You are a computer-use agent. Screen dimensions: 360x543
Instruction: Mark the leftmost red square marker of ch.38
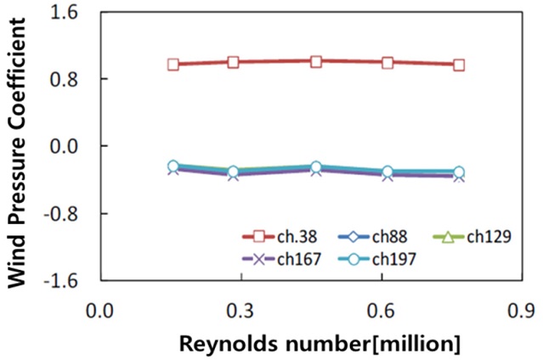173,65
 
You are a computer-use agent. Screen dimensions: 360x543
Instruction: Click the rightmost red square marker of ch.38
459,65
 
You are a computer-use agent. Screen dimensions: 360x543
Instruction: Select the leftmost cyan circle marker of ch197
173,166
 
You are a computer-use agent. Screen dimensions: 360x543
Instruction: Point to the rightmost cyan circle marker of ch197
459,172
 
